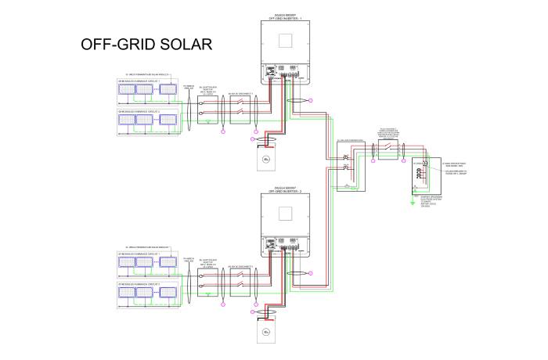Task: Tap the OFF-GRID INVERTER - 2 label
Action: click(x=283, y=190)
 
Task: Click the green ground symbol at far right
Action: click(x=413, y=201)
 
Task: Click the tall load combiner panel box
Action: click(x=346, y=165)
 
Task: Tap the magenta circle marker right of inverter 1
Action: click(x=310, y=100)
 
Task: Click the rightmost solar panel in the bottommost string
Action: click(x=168, y=296)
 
